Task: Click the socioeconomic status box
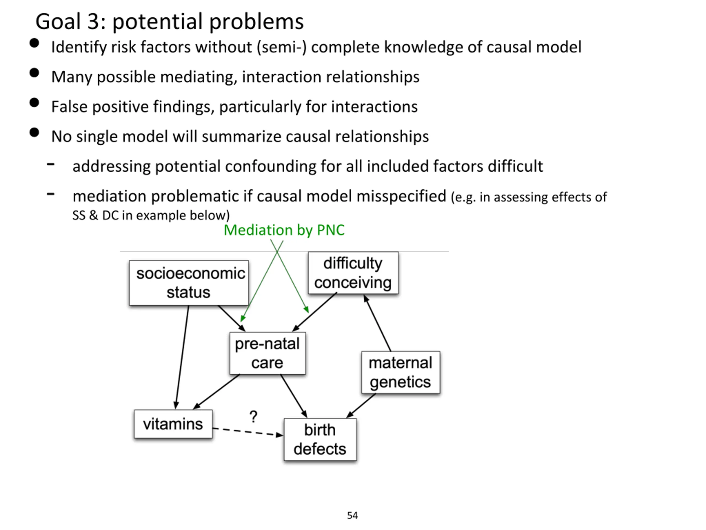point(189,283)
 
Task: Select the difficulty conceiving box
point(353,272)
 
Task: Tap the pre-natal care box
point(268,353)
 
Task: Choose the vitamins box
point(173,424)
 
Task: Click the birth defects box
point(320,439)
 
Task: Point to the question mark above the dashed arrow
point(253,417)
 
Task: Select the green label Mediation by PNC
point(284,230)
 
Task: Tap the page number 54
point(352,515)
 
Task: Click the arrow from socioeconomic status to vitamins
point(182,357)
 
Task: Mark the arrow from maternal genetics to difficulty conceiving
point(377,323)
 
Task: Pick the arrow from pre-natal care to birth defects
point(294,396)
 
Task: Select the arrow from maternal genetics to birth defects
point(361,406)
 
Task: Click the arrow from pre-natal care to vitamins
point(216,392)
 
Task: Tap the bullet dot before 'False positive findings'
point(34,103)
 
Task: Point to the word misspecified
point(401,196)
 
